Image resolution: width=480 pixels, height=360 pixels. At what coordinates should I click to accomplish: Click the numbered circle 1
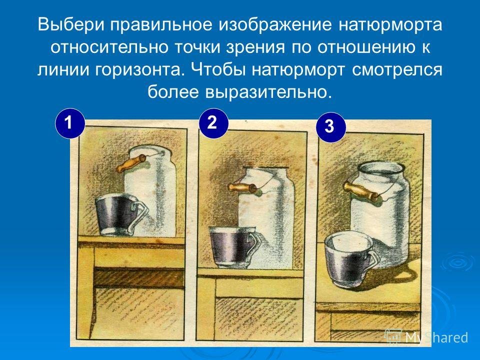70,123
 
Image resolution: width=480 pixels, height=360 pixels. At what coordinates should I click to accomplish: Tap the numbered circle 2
213,123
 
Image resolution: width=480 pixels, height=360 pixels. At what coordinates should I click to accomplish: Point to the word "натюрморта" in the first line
390,25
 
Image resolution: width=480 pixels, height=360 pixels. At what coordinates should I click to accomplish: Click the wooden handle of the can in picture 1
131,163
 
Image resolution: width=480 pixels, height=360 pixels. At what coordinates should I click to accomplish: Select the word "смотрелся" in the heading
397,70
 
